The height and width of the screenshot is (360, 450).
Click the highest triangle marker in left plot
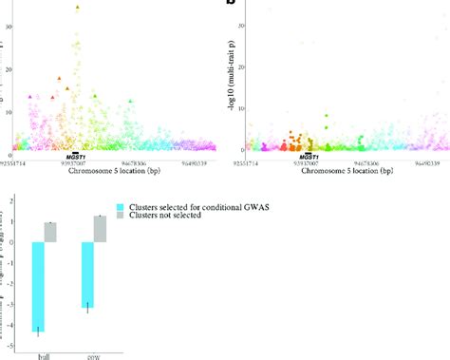[x=78, y=7]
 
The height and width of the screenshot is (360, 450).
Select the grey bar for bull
[x=51, y=232]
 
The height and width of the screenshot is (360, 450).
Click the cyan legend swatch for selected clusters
[x=121, y=207]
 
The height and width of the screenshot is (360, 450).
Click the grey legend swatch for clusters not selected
[x=121, y=218]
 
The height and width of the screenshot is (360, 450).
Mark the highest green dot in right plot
[x=326, y=117]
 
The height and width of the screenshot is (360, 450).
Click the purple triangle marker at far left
[x=30, y=97]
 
